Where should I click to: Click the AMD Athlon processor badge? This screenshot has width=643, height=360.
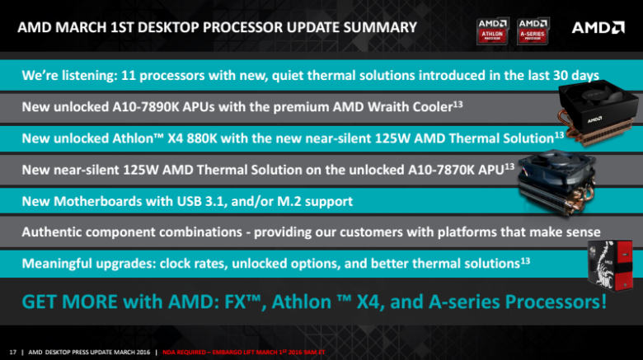click(x=495, y=30)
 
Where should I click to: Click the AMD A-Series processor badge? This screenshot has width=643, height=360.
click(x=533, y=30)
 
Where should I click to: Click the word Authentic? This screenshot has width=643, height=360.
click(x=57, y=232)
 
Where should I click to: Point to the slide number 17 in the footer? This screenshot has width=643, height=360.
click(x=12, y=350)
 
